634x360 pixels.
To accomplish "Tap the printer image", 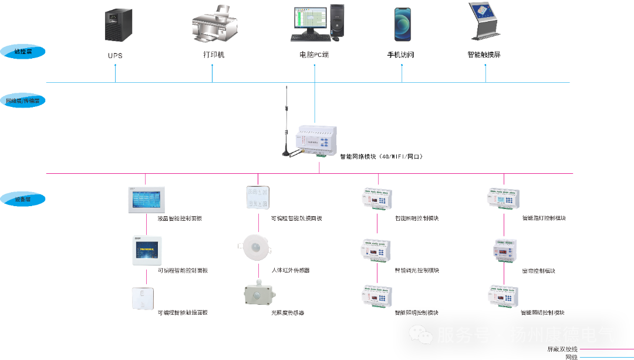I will (x=214, y=25).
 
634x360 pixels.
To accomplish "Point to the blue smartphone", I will (x=402, y=24).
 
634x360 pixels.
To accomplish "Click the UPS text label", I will (x=115, y=55).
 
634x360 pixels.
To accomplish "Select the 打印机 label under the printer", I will (x=214, y=55).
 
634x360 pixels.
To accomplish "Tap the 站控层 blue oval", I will (x=23, y=52).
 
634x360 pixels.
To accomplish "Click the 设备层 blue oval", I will (x=23, y=199).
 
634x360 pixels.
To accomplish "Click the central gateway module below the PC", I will (x=316, y=142).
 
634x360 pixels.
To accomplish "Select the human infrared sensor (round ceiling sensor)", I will (x=254, y=244).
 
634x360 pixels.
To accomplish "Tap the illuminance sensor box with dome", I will (x=259, y=294).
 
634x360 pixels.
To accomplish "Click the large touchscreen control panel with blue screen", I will (x=146, y=200).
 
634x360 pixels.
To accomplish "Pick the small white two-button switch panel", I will (x=143, y=298).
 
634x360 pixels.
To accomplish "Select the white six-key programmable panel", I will (x=258, y=197).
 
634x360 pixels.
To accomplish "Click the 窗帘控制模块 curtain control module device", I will (x=504, y=250).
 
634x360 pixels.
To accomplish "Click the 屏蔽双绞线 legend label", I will (x=562, y=349).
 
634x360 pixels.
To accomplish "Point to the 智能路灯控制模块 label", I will (x=544, y=218).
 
